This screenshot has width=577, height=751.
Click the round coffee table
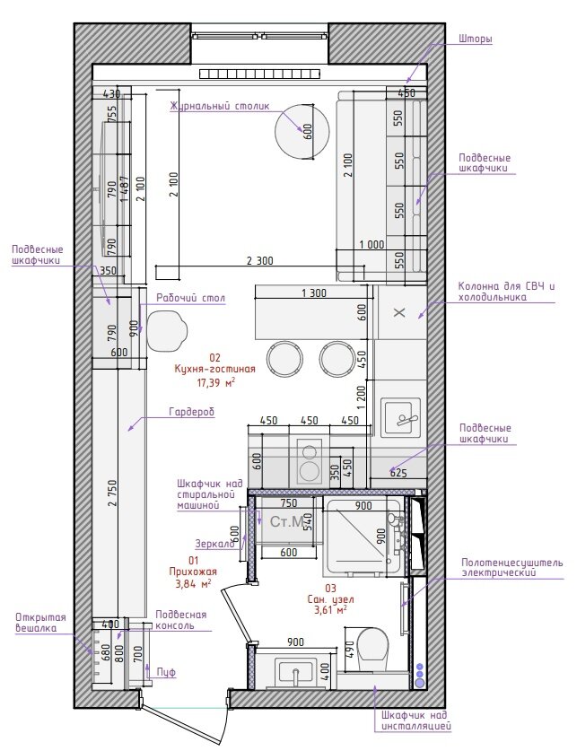pyautogui.click(x=302, y=131)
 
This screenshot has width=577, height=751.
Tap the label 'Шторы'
pyautogui.click(x=475, y=39)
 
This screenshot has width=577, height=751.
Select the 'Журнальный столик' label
pyautogui.click(x=220, y=106)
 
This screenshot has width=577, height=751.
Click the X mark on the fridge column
pyautogui.click(x=399, y=313)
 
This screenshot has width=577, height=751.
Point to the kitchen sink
pyautogui.click(x=401, y=417)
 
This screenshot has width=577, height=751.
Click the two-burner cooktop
pyautogui.click(x=309, y=460)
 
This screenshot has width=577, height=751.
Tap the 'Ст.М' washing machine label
pyautogui.click(x=286, y=521)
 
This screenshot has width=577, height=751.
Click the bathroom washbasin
pyautogui.click(x=295, y=673)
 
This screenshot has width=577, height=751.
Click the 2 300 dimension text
pyautogui.click(x=259, y=261)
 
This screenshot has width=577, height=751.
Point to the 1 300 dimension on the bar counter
pyautogui.click(x=314, y=293)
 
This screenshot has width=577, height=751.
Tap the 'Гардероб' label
pyautogui.click(x=191, y=412)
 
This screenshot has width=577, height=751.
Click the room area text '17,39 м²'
pyautogui.click(x=216, y=382)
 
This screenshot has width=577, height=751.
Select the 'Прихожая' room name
pyautogui.click(x=193, y=572)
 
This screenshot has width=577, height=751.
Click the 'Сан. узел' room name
pyautogui.click(x=331, y=599)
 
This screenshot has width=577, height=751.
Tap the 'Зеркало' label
pyautogui.click(x=215, y=544)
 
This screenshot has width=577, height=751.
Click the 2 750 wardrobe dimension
pyautogui.click(x=112, y=493)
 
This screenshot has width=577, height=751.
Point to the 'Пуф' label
pyautogui.click(x=166, y=672)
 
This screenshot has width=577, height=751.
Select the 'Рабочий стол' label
pyautogui.click(x=190, y=298)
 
